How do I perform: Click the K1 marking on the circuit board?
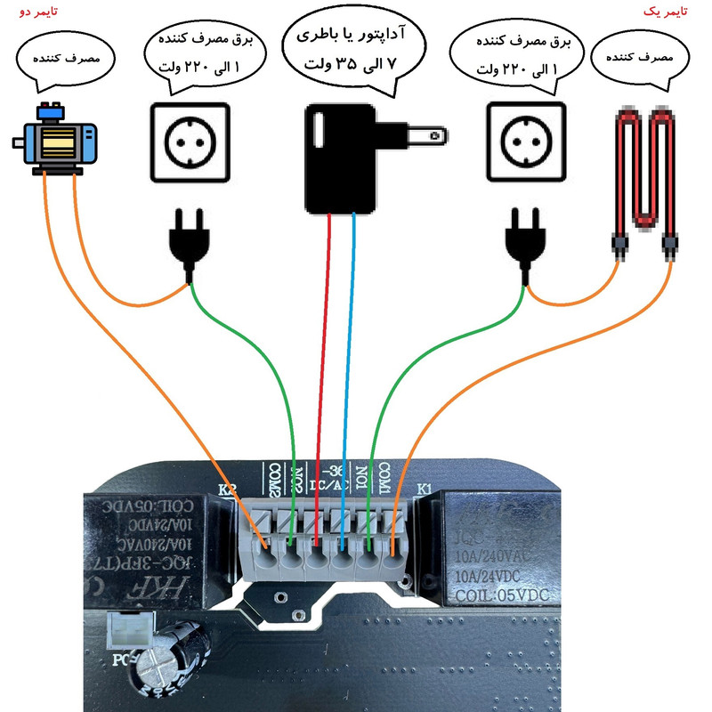coord(424,489)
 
